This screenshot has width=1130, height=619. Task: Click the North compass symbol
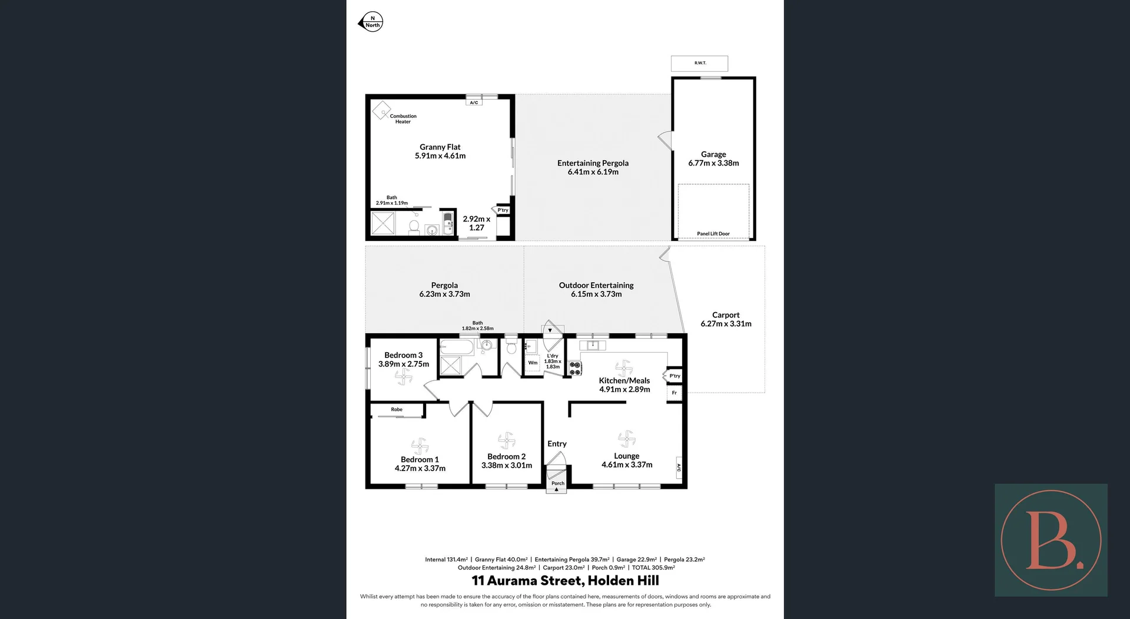click(371, 22)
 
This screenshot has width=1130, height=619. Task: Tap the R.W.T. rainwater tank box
click(699, 63)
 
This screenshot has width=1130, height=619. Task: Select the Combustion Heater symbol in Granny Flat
click(381, 110)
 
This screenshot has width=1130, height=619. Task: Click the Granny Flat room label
click(440, 147)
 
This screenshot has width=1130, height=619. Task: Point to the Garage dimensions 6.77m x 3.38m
click(713, 163)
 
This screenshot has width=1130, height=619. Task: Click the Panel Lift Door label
click(713, 234)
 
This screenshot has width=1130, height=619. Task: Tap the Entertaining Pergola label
click(593, 163)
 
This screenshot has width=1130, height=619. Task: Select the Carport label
click(726, 315)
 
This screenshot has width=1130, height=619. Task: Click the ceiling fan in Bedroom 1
click(420, 445)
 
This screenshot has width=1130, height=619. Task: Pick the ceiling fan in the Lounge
click(627, 438)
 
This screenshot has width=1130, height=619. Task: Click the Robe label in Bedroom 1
click(397, 409)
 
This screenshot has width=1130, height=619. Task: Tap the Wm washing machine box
click(533, 363)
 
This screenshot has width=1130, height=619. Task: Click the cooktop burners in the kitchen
click(575, 369)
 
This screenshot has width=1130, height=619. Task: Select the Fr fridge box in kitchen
click(674, 393)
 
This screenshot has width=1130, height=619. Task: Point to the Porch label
click(557, 484)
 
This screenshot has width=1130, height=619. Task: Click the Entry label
click(557, 444)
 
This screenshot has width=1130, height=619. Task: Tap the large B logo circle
click(1051, 540)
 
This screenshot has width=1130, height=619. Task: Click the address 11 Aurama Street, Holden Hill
click(565, 581)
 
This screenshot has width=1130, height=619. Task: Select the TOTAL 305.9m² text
click(653, 568)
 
